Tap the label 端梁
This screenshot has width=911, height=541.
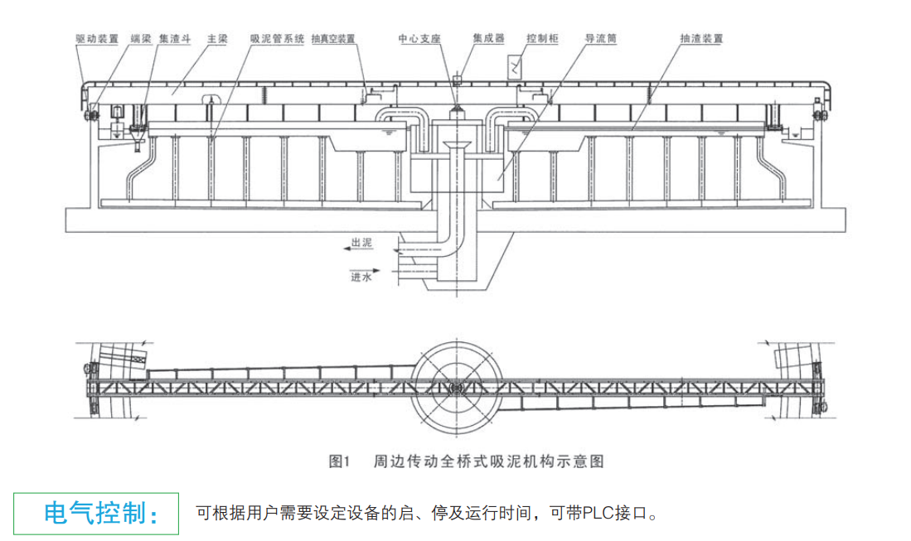[x=141, y=38]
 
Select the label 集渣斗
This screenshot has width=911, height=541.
[x=176, y=38]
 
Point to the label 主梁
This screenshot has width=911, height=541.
[x=217, y=38]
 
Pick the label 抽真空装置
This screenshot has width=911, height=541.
[x=333, y=38]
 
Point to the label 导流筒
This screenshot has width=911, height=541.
[x=602, y=38]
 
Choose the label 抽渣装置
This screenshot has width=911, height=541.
[x=701, y=38]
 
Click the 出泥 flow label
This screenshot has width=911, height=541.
[x=362, y=244]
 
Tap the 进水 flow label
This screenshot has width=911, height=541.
[x=361, y=278]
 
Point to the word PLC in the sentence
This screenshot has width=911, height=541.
[x=594, y=513]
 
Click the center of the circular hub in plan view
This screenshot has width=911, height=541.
[x=455, y=386]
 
